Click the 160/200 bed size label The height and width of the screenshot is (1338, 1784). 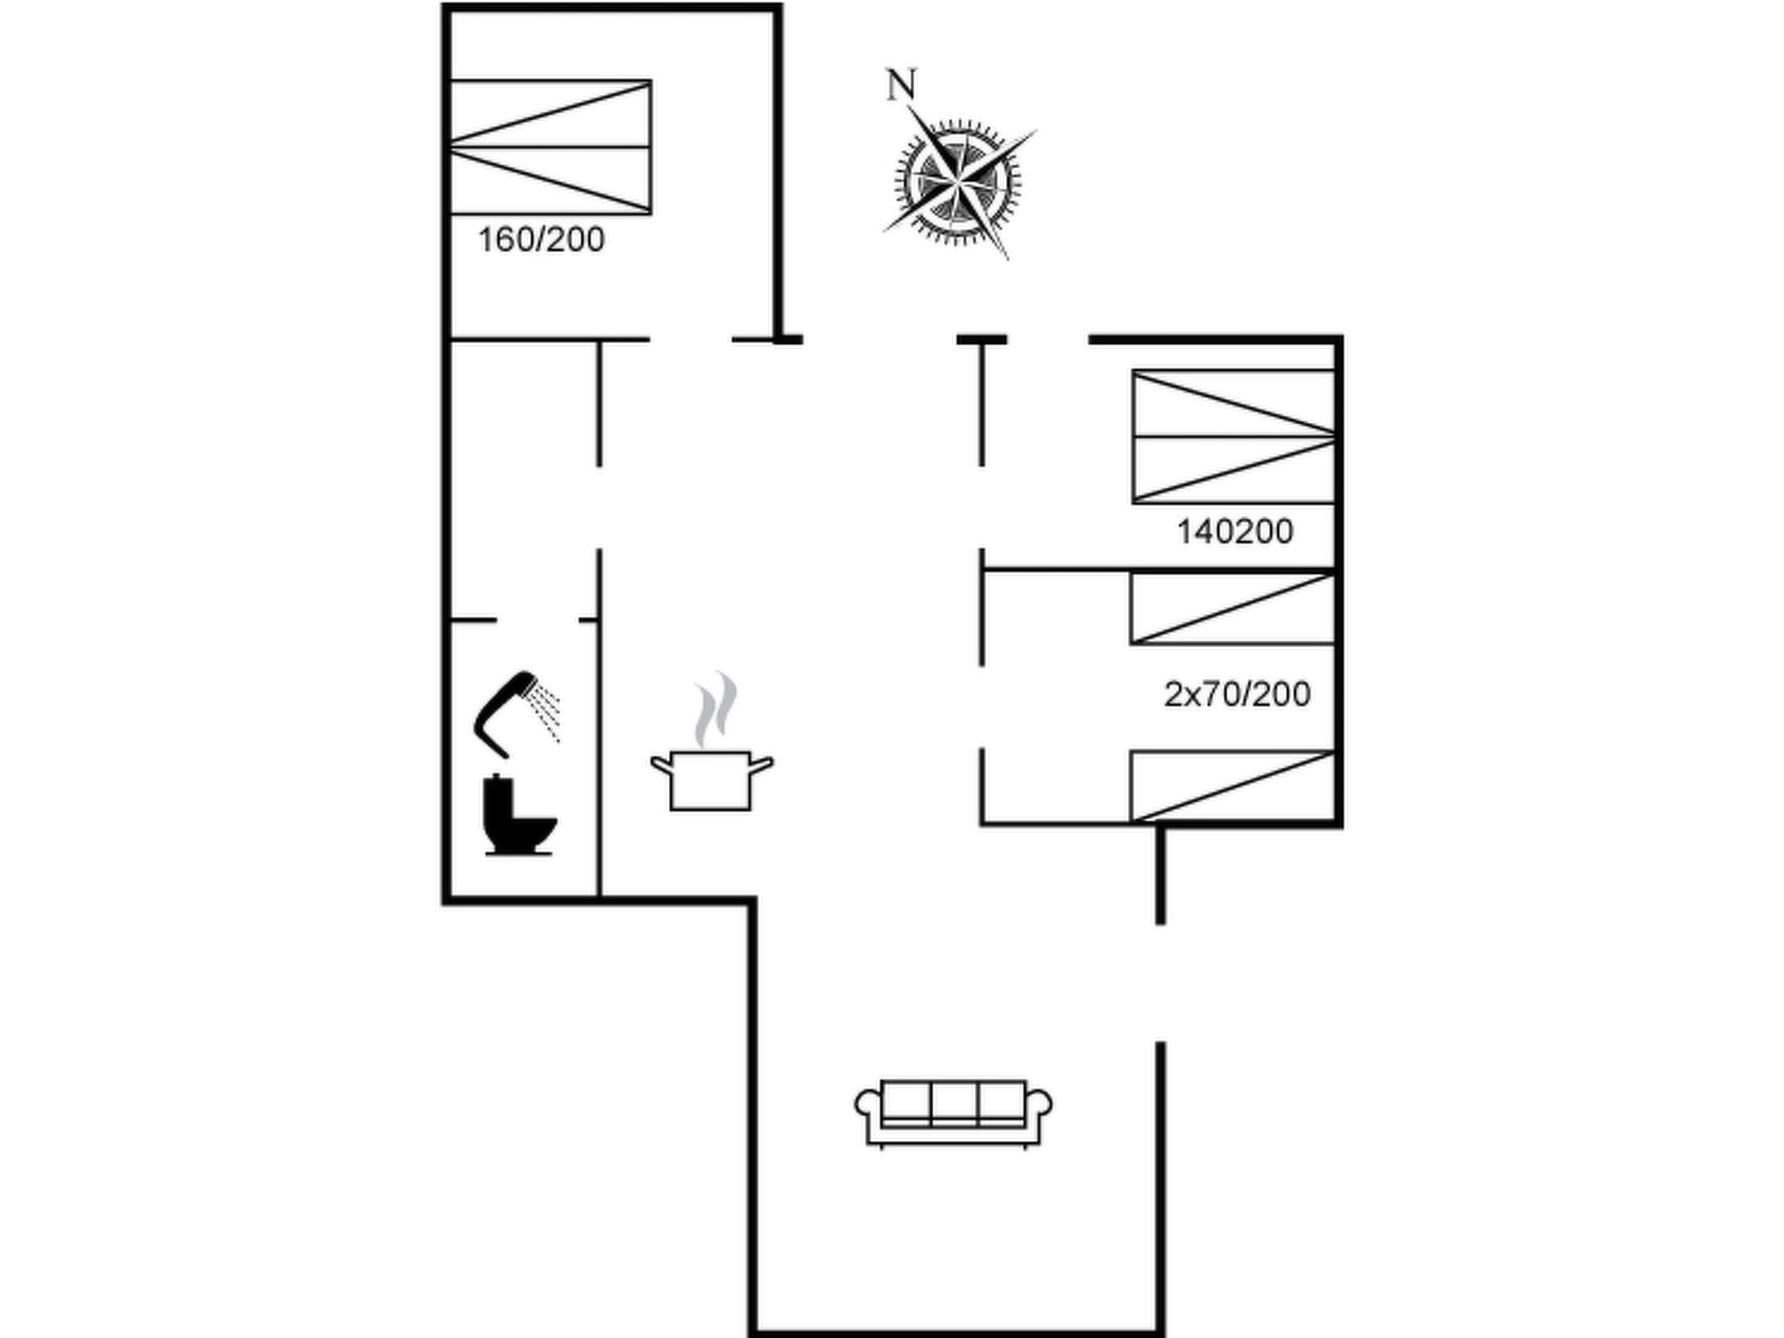pyautogui.click(x=541, y=240)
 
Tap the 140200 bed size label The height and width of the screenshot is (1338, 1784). pyautogui.click(x=1235, y=531)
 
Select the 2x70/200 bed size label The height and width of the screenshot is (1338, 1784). pyautogui.click(x=1238, y=694)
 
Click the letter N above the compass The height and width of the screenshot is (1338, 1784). pyautogui.click(x=902, y=85)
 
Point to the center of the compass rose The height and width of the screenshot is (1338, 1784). pyautogui.click(x=957, y=181)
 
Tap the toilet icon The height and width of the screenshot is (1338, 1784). pyautogui.click(x=519, y=815)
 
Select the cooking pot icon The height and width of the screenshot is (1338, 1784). pyautogui.click(x=712, y=780)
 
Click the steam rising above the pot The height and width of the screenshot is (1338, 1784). pyautogui.click(x=715, y=710)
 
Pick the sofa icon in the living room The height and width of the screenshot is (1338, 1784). pyautogui.click(x=953, y=1114)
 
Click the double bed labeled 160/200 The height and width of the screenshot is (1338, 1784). pyautogui.click(x=551, y=146)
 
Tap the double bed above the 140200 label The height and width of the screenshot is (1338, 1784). pyautogui.click(x=1233, y=436)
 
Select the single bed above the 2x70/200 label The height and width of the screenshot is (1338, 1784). pyautogui.click(x=1233, y=608)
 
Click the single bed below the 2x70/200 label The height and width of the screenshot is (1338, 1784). pyautogui.click(x=1233, y=786)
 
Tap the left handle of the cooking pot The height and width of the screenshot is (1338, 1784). pyautogui.click(x=661, y=765)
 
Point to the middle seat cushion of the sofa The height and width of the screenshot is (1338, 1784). pyautogui.click(x=955, y=1105)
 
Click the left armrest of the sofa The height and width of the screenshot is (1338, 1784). pyautogui.click(x=868, y=1117)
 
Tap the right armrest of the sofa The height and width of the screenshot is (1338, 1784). pyautogui.click(x=1039, y=1117)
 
